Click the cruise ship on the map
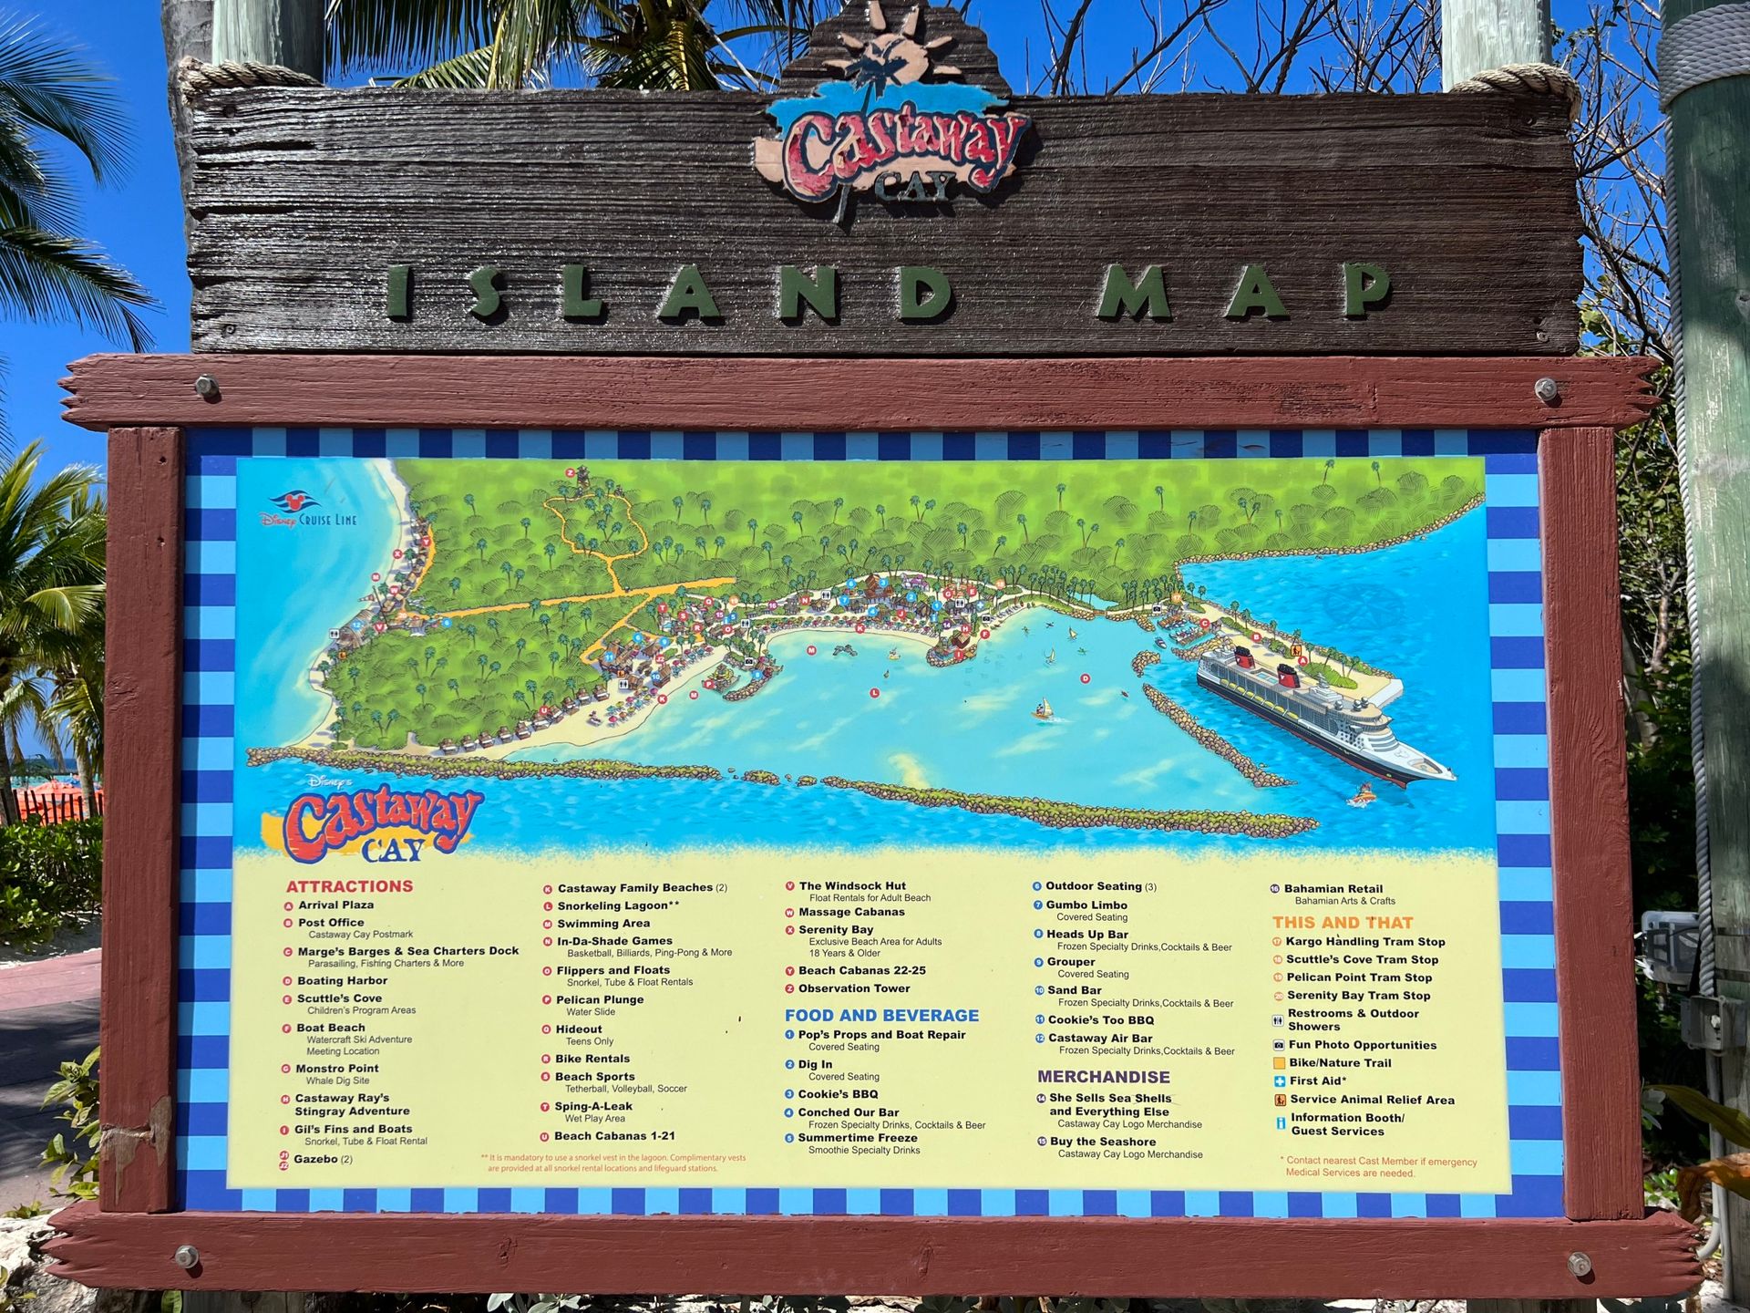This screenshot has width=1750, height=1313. (x=1312, y=711)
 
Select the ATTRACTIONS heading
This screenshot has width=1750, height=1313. (x=349, y=886)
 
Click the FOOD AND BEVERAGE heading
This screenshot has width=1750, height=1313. (x=881, y=1015)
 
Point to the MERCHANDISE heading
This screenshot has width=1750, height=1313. (x=1103, y=1077)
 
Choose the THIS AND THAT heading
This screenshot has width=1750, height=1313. (x=1343, y=923)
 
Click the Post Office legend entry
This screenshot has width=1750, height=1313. (x=331, y=923)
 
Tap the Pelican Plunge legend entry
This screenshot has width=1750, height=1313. (x=600, y=999)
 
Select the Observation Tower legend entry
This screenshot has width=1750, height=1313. (x=854, y=988)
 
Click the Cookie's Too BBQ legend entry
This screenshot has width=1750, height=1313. (x=1100, y=1020)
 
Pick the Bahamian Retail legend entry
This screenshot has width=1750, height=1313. (x=1333, y=889)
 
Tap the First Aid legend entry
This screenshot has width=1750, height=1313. (x=1317, y=1081)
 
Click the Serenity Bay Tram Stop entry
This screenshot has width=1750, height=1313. (x=1358, y=996)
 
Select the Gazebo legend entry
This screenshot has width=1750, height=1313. (x=315, y=1160)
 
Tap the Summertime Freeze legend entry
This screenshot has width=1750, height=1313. (x=857, y=1138)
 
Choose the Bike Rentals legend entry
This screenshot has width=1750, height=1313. (x=592, y=1059)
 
